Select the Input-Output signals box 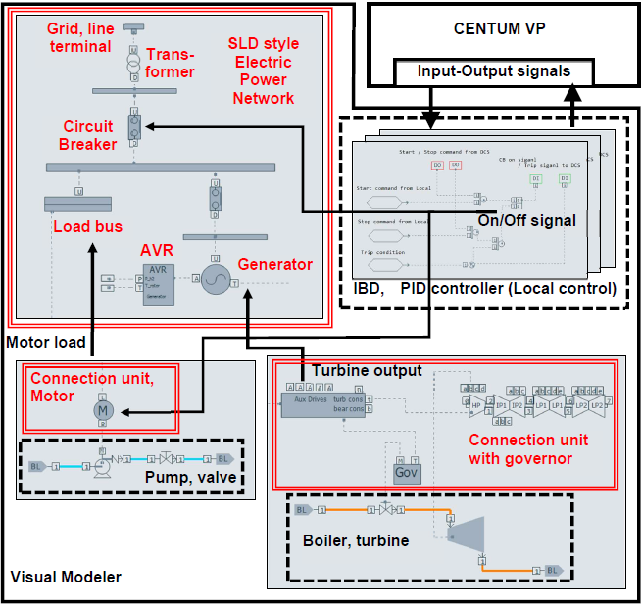coord(493,71)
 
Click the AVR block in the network coord(159,284)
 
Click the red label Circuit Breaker coord(88,135)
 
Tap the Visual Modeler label coord(66,577)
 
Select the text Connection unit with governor coord(522,448)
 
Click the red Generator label coord(275,264)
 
